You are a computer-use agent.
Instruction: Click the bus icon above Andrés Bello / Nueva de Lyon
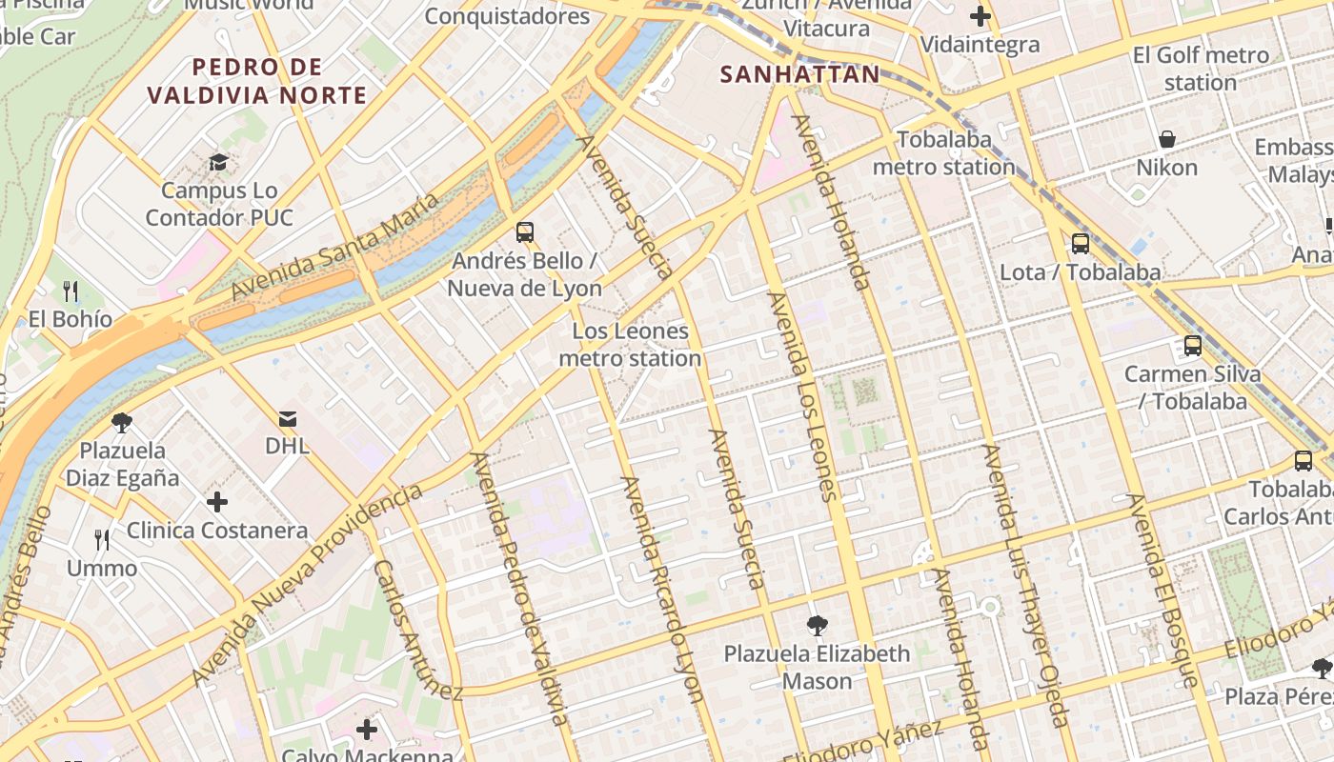[x=524, y=231]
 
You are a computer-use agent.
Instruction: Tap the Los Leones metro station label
[x=630, y=345]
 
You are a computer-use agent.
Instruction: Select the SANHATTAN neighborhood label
[x=800, y=74]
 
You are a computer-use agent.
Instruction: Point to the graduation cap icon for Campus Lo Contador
[x=218, y=162]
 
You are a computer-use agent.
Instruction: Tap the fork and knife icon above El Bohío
[x=70, y=291]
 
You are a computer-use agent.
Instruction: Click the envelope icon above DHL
[x=287, y=418]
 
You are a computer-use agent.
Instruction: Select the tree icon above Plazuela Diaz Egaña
[x=121, y=422]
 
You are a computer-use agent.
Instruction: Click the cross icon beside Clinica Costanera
[x=217, y=501]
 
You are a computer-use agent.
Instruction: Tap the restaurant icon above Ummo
[x=102, y=540]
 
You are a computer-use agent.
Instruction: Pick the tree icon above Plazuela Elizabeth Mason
[x=817, y=625]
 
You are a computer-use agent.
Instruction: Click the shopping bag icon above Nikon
[x=1166, y=140]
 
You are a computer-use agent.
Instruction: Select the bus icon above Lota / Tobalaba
[x=1080, y=243]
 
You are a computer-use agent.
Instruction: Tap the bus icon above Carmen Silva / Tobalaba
[x=1192, y=346]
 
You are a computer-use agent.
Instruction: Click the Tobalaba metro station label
[x=943, y=153]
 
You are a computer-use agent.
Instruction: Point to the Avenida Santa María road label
[x=335, y=246]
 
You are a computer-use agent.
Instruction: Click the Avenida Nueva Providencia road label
[x=307, y=584]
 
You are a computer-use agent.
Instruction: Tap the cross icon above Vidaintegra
[x=980, y=16]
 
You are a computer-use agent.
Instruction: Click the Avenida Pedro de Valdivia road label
[x=520, y=589]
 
